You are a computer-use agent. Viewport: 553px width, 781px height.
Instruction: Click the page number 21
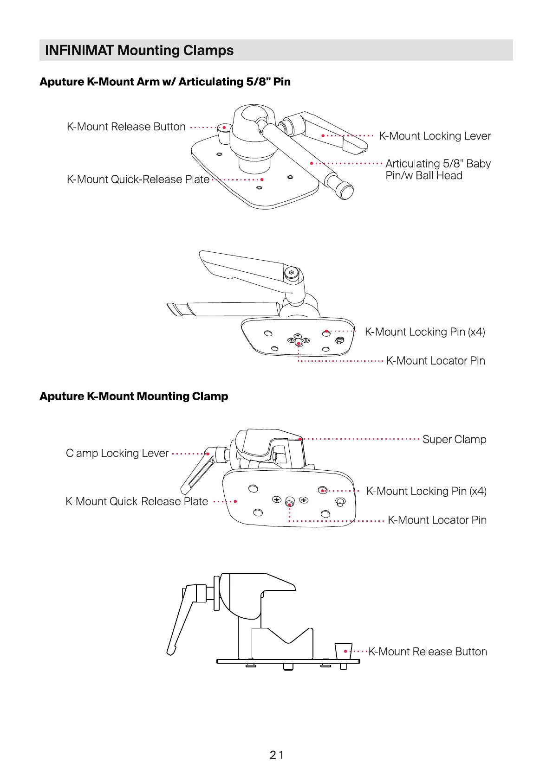(x=276, y=755)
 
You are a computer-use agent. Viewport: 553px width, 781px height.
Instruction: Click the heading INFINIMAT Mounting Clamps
(x=139, y=50)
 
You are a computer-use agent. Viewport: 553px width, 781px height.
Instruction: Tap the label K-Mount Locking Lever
(x=435, y=136)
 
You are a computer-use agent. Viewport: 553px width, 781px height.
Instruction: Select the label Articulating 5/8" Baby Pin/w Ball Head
(x=437, y=169)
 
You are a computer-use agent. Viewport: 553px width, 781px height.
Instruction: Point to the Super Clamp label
(x=454, y=439)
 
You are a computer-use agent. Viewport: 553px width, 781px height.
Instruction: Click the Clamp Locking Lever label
(x=117, y=453)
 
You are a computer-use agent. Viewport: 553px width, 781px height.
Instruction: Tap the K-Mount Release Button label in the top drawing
(x=126, y=127)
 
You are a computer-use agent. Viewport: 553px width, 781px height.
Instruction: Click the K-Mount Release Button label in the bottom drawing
(x=428, y=652)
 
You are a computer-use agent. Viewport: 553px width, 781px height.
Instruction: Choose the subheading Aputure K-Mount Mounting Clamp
(x=134, y=397)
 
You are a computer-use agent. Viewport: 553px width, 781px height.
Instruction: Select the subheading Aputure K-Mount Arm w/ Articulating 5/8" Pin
(x=165, y=82)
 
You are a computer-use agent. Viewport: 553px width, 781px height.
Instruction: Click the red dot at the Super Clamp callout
(x=300, y=439)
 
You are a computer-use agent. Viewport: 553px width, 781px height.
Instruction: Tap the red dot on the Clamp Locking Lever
(x=208, y=454)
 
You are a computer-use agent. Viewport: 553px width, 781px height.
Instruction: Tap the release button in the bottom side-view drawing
(x=343, y=650)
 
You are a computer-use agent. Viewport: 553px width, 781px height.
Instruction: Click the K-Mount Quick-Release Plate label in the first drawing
(x=138, y=179)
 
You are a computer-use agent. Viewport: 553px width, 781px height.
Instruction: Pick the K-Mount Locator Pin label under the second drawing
(x=436, y=361)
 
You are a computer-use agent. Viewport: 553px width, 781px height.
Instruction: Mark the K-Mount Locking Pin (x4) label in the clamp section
(x=426, y=491)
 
